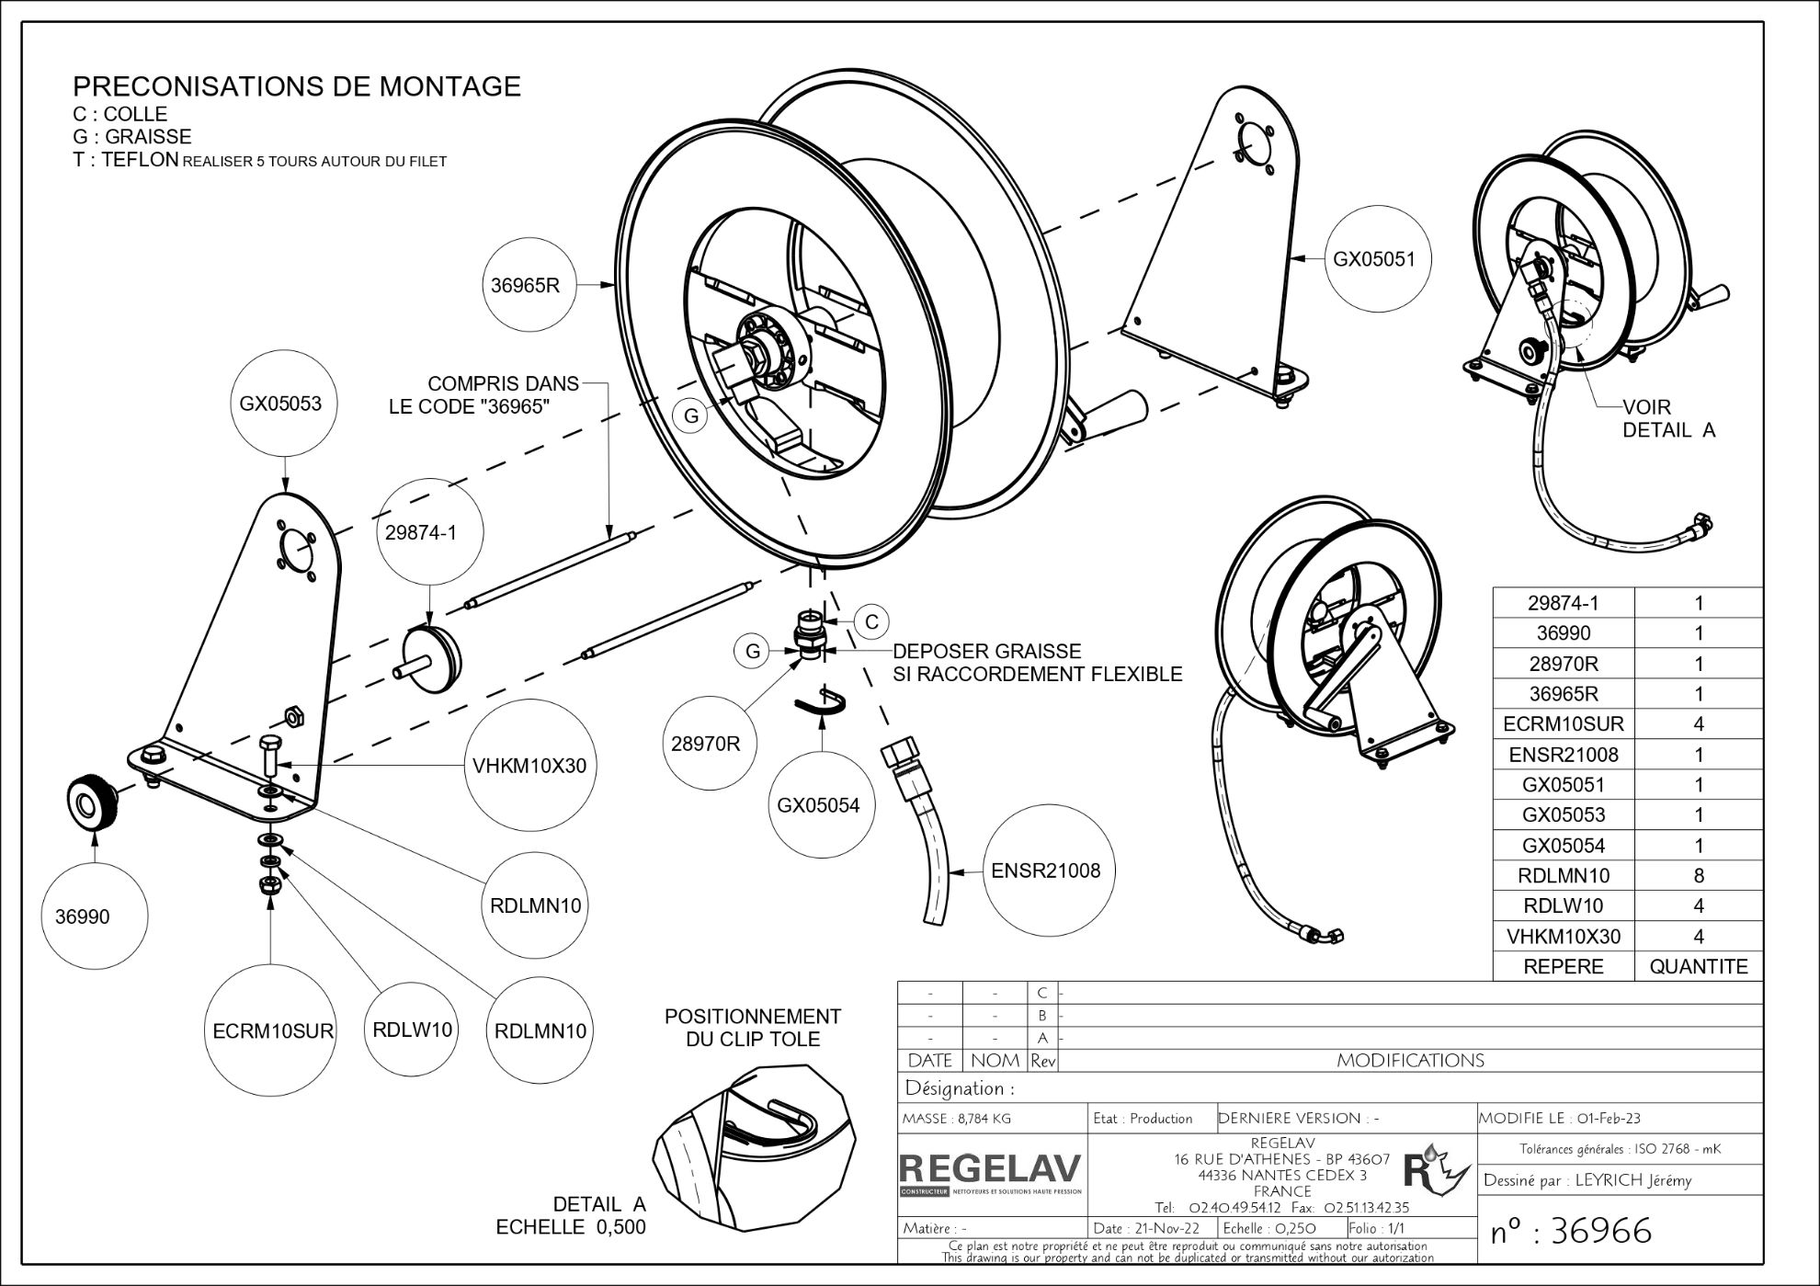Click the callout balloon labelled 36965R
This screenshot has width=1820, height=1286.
[525, 285]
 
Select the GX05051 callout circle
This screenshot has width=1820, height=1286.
[1374, 259]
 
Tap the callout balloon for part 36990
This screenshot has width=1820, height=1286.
[82, 916]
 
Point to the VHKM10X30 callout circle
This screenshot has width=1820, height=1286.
[529, 766]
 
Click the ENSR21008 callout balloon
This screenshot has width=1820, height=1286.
[1045, 871]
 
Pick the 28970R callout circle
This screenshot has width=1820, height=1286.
[705, 744]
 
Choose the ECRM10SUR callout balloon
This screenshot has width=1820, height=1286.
[272, 1031]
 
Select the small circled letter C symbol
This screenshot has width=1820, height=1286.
[871, 621]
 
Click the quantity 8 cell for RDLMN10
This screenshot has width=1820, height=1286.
[1698, 876]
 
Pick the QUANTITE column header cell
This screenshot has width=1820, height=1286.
[1698, 967]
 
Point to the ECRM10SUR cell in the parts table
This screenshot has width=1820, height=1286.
[1563, 724]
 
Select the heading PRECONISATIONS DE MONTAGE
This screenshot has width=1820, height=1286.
[297, 86]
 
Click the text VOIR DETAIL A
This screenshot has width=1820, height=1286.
[1667, 418]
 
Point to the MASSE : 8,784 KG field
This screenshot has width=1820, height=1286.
[957, 1119]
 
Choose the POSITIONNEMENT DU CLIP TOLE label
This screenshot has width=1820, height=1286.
[753, 1028]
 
